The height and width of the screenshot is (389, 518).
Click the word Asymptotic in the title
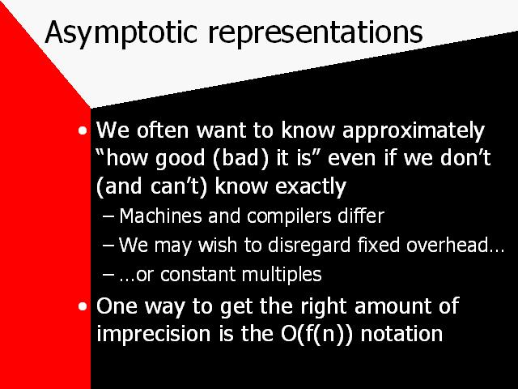click(x=121, y=33)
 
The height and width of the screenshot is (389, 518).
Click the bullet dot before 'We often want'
click(x=83, y=131)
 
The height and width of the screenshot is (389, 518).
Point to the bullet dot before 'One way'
click(x=83, y=306)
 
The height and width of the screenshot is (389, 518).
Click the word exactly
click(x=311, y=187)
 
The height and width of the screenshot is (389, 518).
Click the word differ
click(x=361, y=216)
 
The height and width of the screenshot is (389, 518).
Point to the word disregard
click(x=309, y=246)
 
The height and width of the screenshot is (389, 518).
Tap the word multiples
click(x=282, y=275)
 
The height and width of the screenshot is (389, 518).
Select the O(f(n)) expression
click(x=316, y=333)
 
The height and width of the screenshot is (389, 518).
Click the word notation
click(x=401, y=333)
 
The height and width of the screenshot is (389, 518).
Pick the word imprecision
click(x=154, y=334)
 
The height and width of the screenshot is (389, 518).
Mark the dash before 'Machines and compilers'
click(x=108, y=216)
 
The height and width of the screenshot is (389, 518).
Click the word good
click(x=180, y=159)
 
